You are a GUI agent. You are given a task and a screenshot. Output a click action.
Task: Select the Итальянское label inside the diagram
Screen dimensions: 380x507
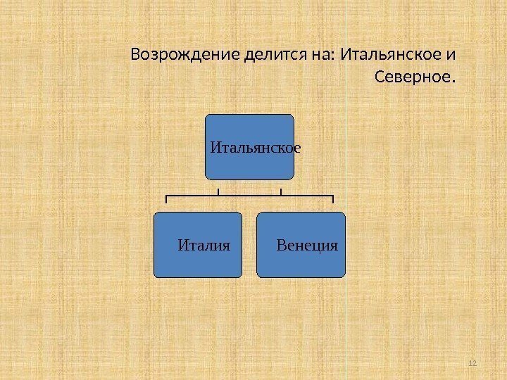256,148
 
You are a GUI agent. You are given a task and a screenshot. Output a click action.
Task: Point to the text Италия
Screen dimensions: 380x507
204,246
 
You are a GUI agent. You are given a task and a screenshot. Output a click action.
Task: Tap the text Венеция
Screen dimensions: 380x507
308,246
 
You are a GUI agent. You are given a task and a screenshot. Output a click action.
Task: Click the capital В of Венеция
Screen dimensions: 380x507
282,246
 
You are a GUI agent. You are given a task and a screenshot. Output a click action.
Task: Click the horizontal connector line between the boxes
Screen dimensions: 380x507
249,195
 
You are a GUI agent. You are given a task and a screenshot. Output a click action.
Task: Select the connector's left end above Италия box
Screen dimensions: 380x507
165,200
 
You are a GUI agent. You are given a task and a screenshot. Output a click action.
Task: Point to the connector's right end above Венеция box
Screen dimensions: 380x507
333,200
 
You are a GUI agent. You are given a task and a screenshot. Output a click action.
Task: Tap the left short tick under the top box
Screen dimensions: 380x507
218,191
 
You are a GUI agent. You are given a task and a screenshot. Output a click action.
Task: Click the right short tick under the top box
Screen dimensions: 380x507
280,191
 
